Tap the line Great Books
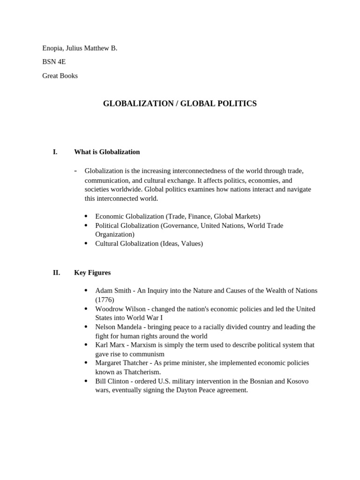click(x=60, y=75)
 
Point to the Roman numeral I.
click(x=55, y=152)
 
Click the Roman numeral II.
click(x=56, y=272)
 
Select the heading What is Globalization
click(x=107, y=152)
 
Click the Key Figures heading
click(x=92, y=272)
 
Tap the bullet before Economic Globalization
click(x=86, y=216)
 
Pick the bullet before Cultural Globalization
click(x=86, y=243)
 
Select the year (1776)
click(x=105, y=300)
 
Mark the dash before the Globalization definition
click(x=75, y=171)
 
